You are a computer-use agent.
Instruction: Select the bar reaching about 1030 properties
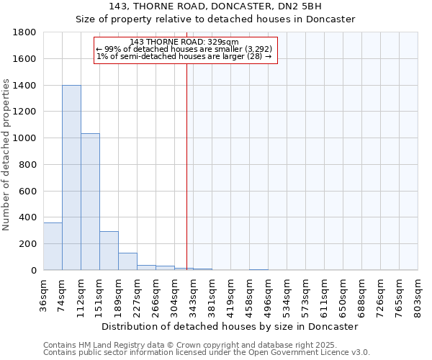(x=90, y=202)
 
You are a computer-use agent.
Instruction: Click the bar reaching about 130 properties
(x=127, y=261)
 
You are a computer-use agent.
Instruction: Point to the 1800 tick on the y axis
(x=24, y=32)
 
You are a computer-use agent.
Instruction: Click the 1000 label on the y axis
(x=24, y=138)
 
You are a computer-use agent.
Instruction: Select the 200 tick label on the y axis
(x=27, y=244)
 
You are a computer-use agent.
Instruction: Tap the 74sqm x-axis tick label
(x=62, y=294)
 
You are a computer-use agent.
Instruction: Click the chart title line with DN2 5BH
(x=215, y=6)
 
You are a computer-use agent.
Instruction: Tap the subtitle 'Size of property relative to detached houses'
(x=215, y=19)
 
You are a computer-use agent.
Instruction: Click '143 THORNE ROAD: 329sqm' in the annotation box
(x=184, y=42)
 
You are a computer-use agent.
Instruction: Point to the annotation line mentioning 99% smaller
(x=184, y=49)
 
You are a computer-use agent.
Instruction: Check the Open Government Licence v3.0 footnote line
(x=207, y=353)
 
